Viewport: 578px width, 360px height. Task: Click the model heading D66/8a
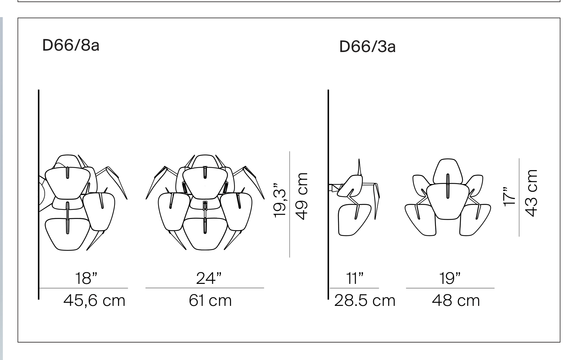[x=71, y=45]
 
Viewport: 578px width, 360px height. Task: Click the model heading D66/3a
[x=367, y=46]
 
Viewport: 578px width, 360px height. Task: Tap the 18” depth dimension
[x=86, y=278]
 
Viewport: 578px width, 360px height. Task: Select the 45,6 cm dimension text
[x=94, y=301]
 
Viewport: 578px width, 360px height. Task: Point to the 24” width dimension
[x=209, y=278]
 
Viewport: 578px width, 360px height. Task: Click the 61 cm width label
[x=210, y=301]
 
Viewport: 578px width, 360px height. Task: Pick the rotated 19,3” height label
[x=280, y=200]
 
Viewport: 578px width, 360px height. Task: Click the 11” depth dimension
[x=355, y=278]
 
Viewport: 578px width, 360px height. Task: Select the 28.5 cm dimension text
[x=365, y=301]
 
